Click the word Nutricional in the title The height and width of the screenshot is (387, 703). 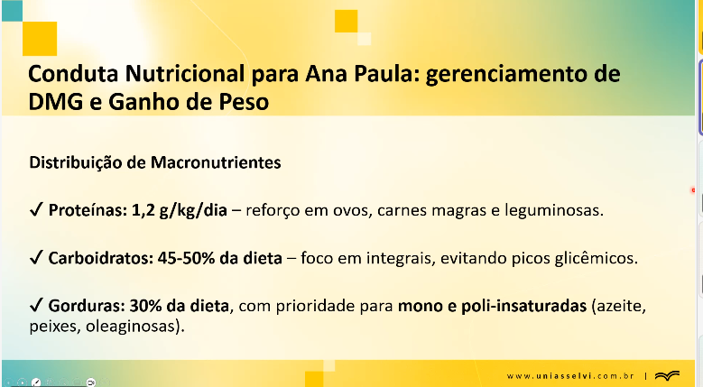click(x=185, y=74)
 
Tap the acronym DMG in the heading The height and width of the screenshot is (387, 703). click(x=56, y=102)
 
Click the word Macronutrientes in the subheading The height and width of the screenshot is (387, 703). click(x=216, y=162)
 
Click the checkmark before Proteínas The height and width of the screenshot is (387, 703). click(x=36, y=209)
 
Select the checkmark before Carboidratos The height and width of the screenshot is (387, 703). click(x=36, y=258)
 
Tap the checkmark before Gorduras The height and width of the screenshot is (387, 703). click(x=36, y=306)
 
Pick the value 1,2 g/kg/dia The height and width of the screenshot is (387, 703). click(x=180, y=210)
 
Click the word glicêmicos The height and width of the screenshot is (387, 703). click(x=597, y=258)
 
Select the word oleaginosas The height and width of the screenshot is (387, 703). click(x=134, y=326)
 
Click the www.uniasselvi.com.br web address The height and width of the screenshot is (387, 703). click(x=570, y=376)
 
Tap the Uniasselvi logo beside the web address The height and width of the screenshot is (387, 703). click(x=667, y=375)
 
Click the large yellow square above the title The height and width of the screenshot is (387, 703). click(x=40, y=39)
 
